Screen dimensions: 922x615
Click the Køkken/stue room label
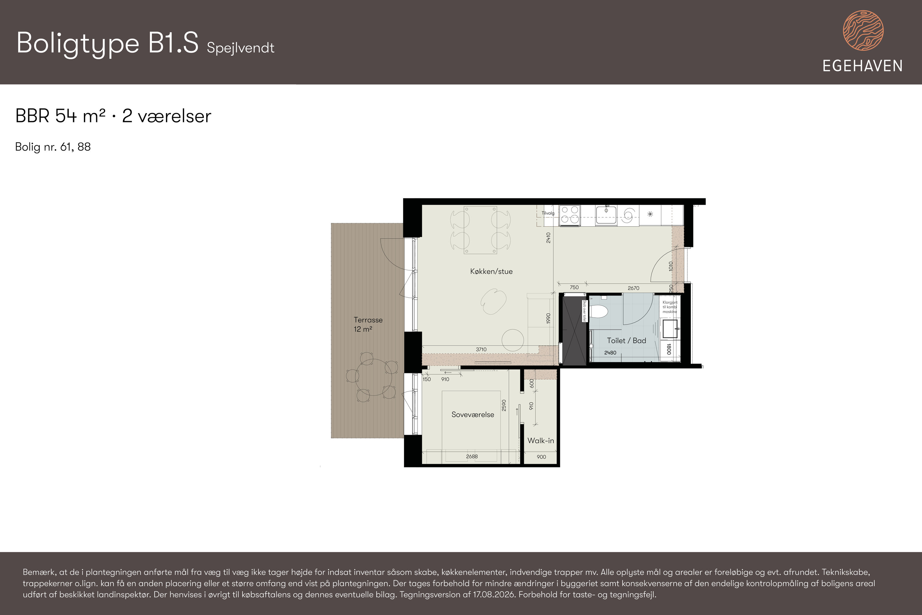tap(491, 272)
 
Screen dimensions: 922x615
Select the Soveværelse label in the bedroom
tap(473, 415)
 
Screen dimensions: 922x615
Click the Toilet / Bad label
tap(626, 340)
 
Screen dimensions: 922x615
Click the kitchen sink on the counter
tap(606, 215)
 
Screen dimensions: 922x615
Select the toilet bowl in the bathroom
tap(599, 312)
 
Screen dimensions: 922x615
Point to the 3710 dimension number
tap(481, 349)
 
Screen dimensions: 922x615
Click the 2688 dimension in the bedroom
tap(472, 457)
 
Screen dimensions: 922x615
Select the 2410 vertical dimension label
tap(548, 238)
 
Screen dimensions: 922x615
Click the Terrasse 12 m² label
tap(368, 324)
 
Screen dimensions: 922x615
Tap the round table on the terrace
tap(374, 377)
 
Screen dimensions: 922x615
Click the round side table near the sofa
tap(512, 340)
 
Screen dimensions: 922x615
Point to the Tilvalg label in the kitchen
tap(548, 213)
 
